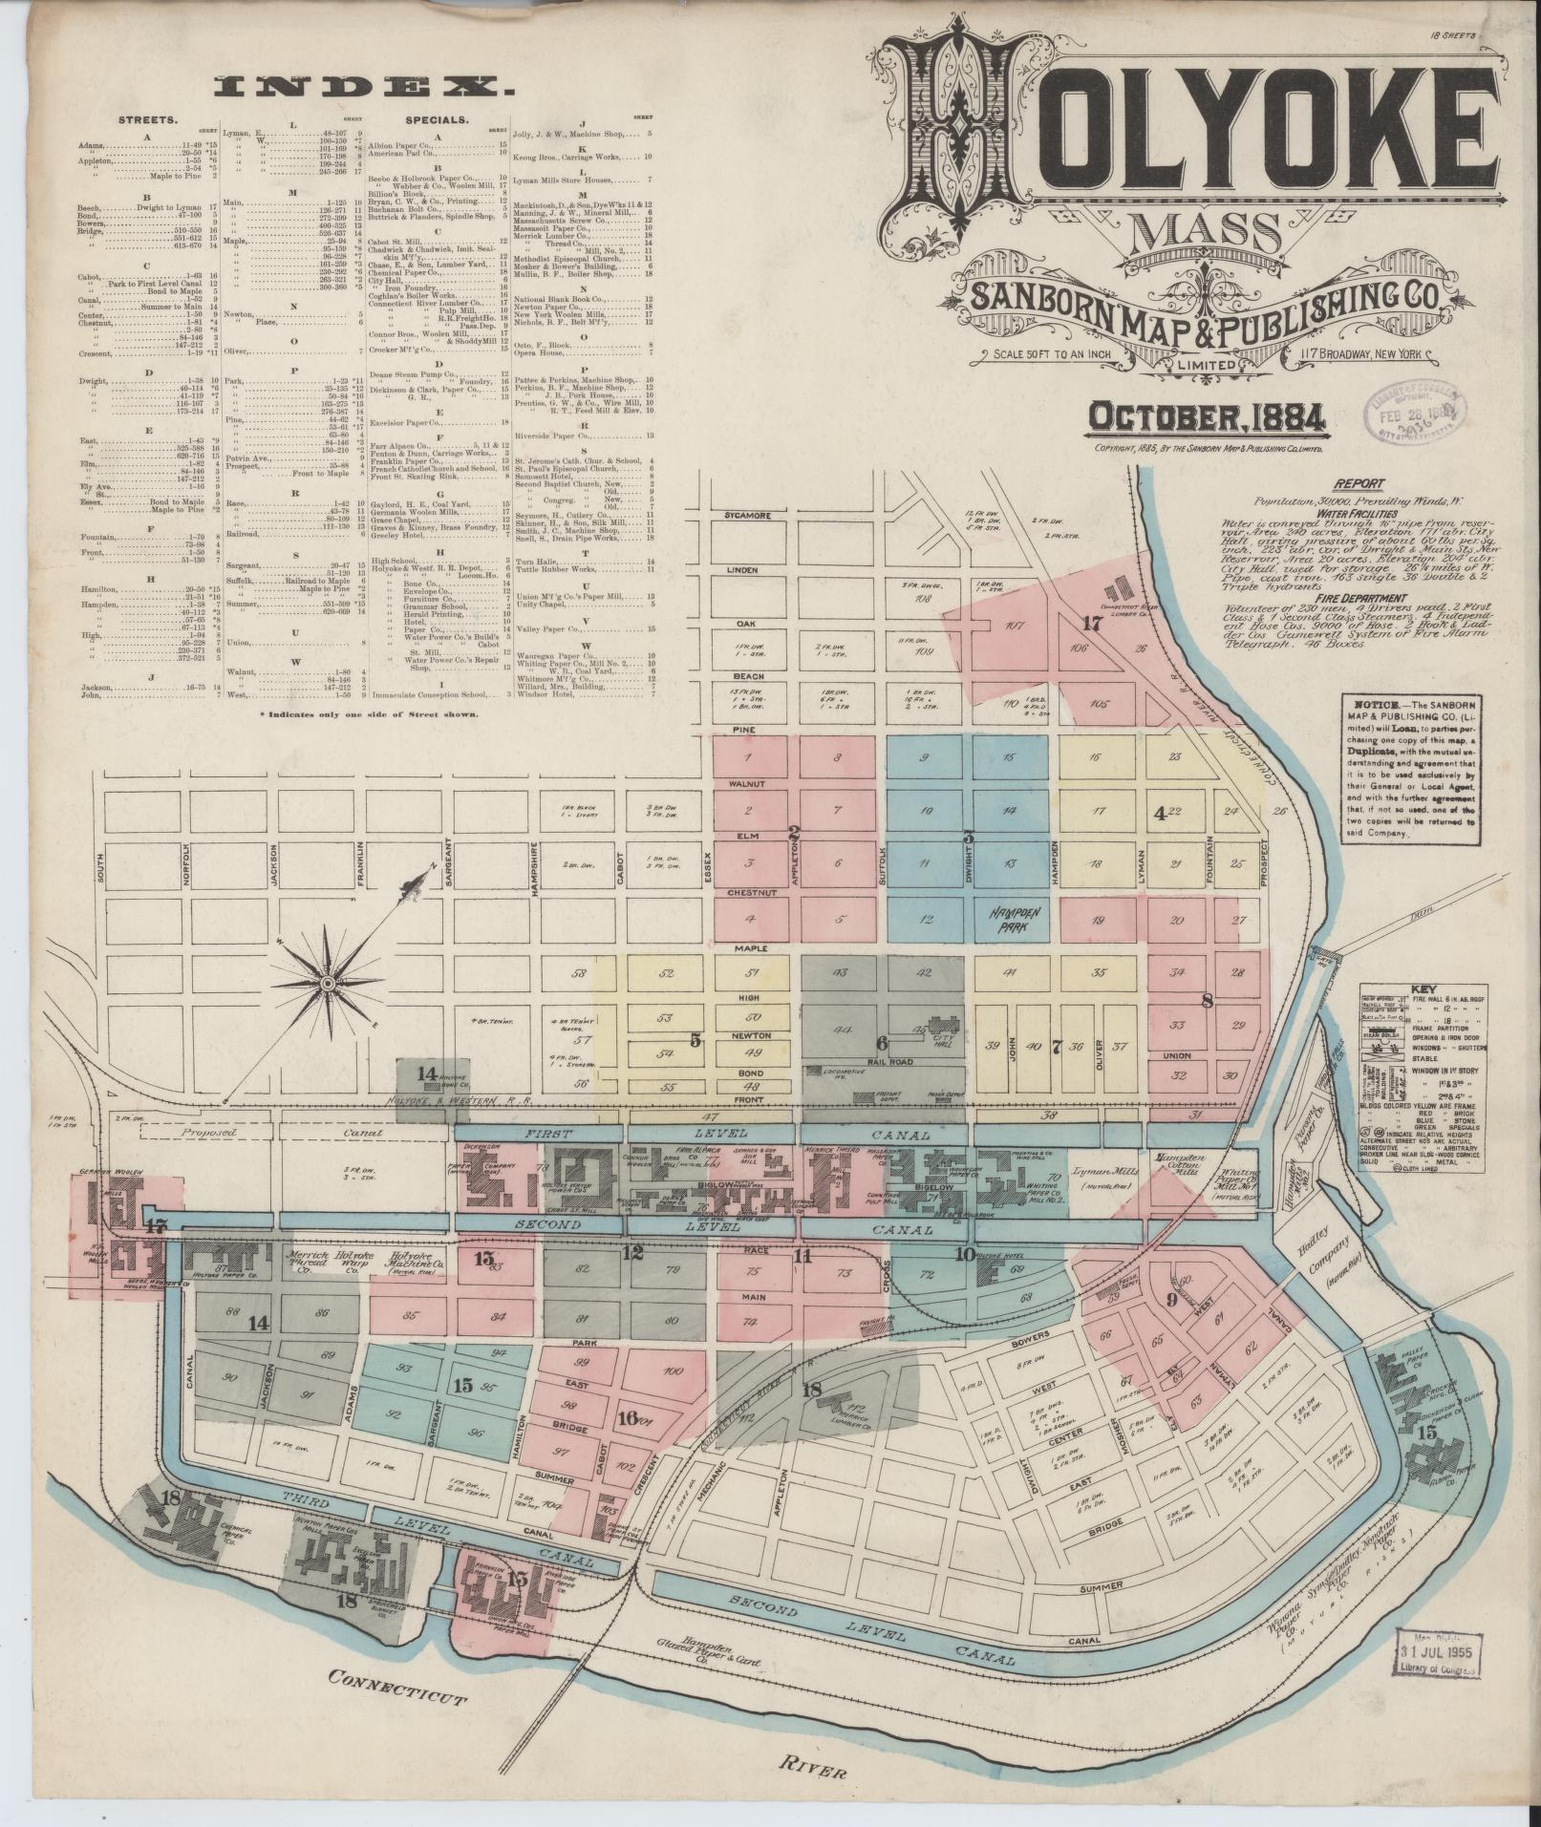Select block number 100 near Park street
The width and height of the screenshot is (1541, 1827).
point(673,1370)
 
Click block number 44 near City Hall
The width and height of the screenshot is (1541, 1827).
point(842,1030)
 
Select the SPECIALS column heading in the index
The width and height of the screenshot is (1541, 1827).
point(435,121)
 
